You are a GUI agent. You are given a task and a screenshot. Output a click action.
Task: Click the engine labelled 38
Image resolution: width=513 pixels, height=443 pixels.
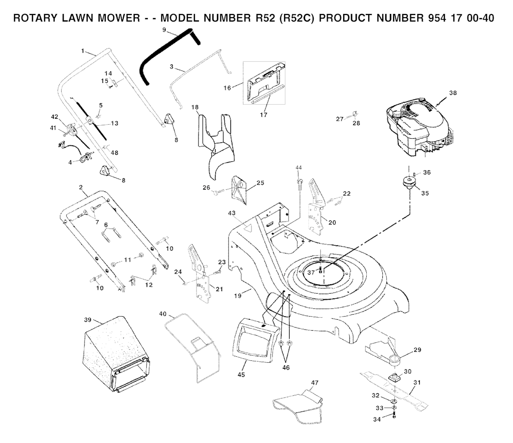tap(418, 126)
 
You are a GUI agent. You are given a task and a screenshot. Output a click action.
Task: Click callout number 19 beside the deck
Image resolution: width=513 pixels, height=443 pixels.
tap(238, 296)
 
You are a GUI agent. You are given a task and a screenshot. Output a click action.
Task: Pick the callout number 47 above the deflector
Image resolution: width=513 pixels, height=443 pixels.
tap(315, 382)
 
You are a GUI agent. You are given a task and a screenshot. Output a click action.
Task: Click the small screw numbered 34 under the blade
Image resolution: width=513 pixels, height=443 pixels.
tap(394, 415)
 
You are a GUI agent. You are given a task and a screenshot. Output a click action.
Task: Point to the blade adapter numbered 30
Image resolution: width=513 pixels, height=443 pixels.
tap(394, 377)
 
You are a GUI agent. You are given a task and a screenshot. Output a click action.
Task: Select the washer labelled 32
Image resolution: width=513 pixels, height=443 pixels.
tap(394, 401)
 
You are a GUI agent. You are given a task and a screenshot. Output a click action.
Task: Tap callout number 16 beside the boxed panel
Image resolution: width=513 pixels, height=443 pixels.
tap(227, 88)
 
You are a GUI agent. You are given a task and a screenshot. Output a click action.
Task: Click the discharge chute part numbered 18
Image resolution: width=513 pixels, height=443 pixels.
tap(216, 144)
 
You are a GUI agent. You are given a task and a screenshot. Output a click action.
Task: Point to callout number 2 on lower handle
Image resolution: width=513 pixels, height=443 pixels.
tap(81, 187)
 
